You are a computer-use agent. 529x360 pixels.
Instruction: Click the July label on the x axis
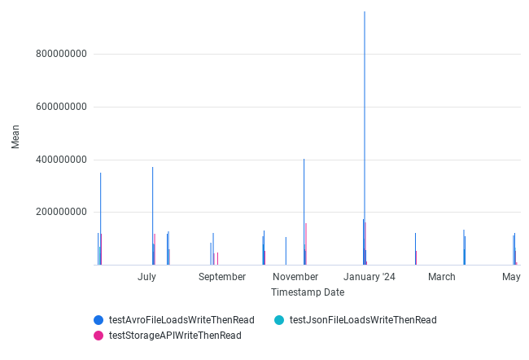tap(146, 277)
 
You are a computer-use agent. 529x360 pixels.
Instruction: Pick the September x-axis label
tap(221, 277)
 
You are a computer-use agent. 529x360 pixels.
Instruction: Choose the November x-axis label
tap(295, 277)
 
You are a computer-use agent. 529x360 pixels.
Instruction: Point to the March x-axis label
tap(442, 277)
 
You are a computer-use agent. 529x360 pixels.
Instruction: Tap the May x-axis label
tap(511, 277)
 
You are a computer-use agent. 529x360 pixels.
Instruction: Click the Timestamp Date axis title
tap(308, 292)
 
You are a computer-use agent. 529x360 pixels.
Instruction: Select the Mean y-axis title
tap(15, 136)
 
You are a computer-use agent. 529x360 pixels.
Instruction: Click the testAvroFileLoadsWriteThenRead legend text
tap(181, 320)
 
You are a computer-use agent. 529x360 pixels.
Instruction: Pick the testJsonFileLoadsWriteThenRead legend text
tap(363, 320)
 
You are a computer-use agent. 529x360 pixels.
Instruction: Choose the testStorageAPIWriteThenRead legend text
tap(175, 335)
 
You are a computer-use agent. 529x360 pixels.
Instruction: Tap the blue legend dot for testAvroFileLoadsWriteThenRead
tap(98, 320)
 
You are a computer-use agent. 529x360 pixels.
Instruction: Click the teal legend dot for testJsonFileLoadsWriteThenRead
tap(279, 320)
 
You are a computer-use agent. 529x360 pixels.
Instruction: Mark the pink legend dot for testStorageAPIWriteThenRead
tap(98, 335)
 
